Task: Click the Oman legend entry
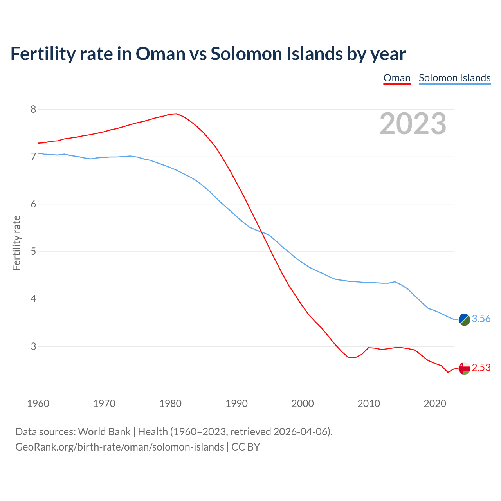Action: pos(397,78)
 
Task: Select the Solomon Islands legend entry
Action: pos(454,78)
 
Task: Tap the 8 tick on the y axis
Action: pos(33,109)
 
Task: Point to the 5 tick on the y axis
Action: pos(33,252)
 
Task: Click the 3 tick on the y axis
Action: pos(33,346)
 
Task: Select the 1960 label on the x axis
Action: pos(38,404)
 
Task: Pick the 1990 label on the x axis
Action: pos(236,404)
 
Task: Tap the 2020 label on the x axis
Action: pos(435,404)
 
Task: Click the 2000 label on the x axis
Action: pos(303,404)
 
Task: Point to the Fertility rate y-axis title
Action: pos(16,243)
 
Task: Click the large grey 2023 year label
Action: pos(413,124)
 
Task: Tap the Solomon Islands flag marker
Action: pos(464,319)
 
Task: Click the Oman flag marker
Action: pos(464,368)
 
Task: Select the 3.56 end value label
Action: pos(481,319)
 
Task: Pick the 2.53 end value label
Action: pos(481,368)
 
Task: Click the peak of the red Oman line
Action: pos(176,114)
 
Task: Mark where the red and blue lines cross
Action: pos(262,232)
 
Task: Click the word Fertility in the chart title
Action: pos(42,54)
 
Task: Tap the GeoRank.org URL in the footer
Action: pos(119,447)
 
